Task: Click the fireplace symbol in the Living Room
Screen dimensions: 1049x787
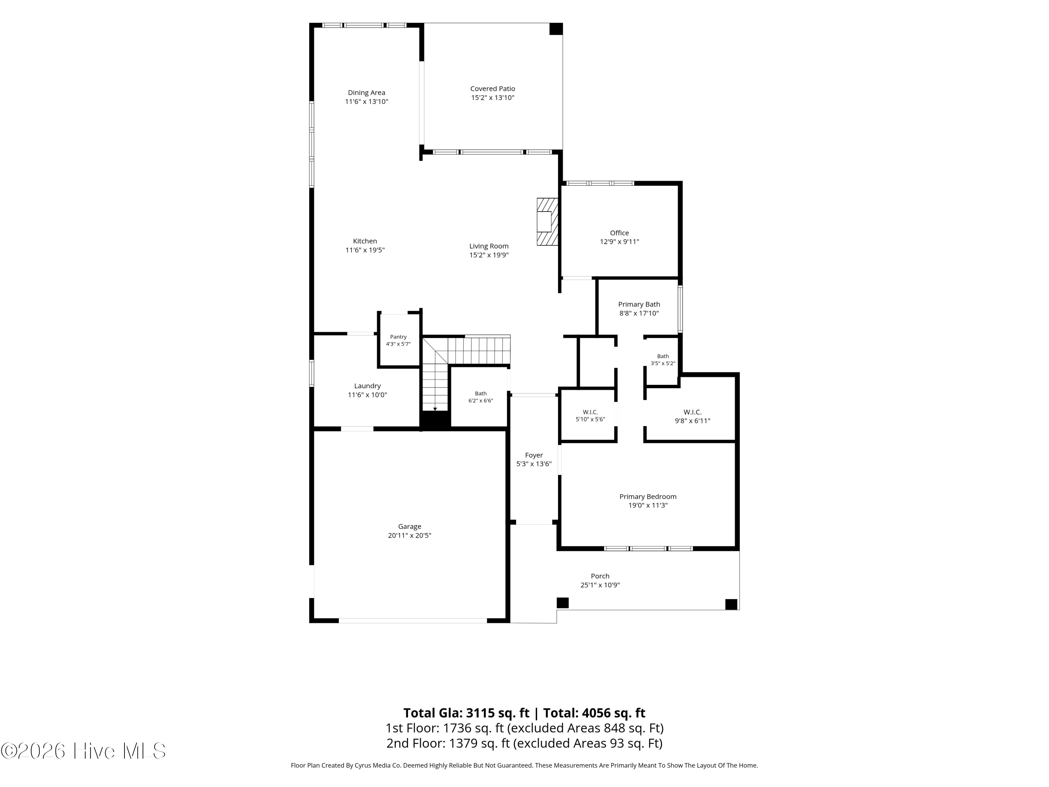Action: [x=547, y=221]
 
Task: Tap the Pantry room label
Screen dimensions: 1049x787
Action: [x=398, y=337]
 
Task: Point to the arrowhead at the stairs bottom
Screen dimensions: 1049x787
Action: [x=435, y=409]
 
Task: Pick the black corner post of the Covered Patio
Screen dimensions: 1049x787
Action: [x=556, y=29]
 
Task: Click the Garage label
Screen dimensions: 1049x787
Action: [x=410, y=526]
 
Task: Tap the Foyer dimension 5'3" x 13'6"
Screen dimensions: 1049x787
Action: [x=534, y=464]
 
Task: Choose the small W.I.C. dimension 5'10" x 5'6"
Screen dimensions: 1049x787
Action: [x=591, y=419]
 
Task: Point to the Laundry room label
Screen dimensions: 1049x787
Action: [x=367, y=386]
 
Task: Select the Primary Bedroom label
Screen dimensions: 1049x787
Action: [x=648, y=497]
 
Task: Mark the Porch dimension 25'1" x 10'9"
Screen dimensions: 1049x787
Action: [x=600, y=585]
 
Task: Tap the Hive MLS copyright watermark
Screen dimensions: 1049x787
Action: [x=84, y=751]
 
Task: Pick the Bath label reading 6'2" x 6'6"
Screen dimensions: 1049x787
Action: [x=481, y=397]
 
